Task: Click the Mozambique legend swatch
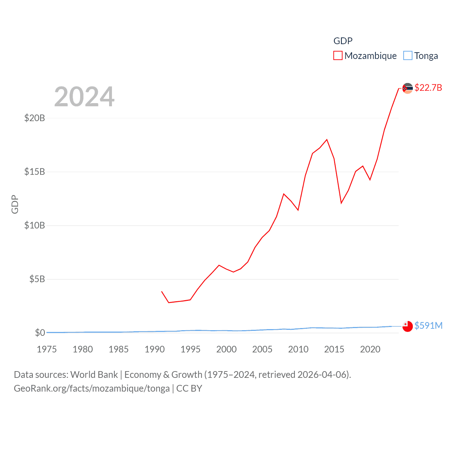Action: point(338,56)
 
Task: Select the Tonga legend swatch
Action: point(408,56)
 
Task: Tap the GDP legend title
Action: point(343,41)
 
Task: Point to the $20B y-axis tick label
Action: point(35,118)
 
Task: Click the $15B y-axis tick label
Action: point(35,172)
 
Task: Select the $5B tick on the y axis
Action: point(37,279)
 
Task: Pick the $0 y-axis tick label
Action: point(40,333)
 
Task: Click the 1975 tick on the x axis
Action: point(47,349)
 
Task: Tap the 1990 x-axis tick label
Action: point(155,349)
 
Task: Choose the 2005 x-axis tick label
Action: point(262,349)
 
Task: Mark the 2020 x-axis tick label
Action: point(370,349)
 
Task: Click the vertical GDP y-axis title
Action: point(15,204)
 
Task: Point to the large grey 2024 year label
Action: point(84,97)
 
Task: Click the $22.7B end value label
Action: point(428,88)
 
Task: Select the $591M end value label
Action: point(428,326)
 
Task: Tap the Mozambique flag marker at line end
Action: point(408,88)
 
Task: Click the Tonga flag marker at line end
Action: point(408,326)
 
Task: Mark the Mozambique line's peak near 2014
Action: point(327,139)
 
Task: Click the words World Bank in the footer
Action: point(94,375)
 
